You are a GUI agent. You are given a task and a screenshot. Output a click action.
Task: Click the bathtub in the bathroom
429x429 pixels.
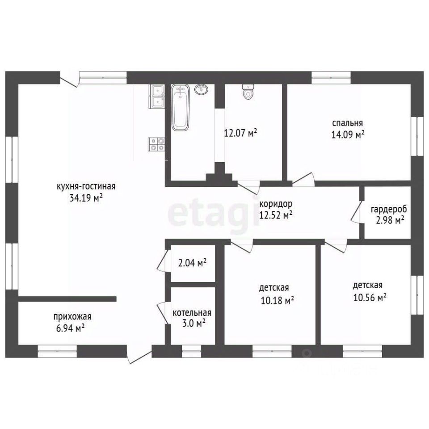[180, 108]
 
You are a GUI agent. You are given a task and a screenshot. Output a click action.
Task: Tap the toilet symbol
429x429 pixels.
[248, 92]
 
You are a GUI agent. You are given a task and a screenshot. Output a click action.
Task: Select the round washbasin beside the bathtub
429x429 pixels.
[202, 89]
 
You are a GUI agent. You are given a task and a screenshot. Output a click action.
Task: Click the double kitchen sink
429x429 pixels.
[157, 97]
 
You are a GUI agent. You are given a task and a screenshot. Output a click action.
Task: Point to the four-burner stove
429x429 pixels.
[156, 144]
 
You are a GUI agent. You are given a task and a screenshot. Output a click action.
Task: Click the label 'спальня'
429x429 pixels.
[348, 123]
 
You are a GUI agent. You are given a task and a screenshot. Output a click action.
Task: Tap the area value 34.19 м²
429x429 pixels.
[86, 198]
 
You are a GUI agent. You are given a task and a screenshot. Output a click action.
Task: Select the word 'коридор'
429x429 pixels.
[276, 204]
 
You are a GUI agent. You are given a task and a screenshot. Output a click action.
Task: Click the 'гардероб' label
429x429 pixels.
[389, 209]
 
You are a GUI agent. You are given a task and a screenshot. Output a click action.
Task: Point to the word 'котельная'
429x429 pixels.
[192, 312]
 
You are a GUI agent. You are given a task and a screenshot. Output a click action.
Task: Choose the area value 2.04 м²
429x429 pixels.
[192, 263]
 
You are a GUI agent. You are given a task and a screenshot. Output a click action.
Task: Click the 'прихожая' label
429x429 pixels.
[72, 316]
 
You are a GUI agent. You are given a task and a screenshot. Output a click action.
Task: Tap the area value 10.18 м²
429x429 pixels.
[277, 300]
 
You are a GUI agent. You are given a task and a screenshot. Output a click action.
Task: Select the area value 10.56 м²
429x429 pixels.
[370, 297]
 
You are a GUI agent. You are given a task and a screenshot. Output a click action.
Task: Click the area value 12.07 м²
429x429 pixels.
[240, 133]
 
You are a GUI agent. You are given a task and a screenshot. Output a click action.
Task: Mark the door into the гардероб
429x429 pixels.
[356, 212]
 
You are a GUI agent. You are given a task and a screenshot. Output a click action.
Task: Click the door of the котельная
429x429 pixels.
[163, 313]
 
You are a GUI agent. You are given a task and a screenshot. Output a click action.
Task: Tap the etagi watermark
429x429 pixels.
[214, 213]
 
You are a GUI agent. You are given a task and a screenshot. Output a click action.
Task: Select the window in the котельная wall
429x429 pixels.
[192, 351]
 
